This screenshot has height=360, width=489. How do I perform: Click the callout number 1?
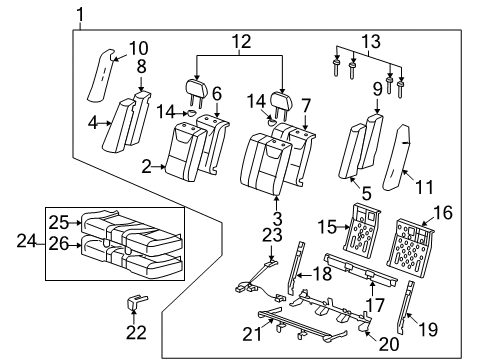[81, 14]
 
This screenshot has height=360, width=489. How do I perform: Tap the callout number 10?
[138, 47]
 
